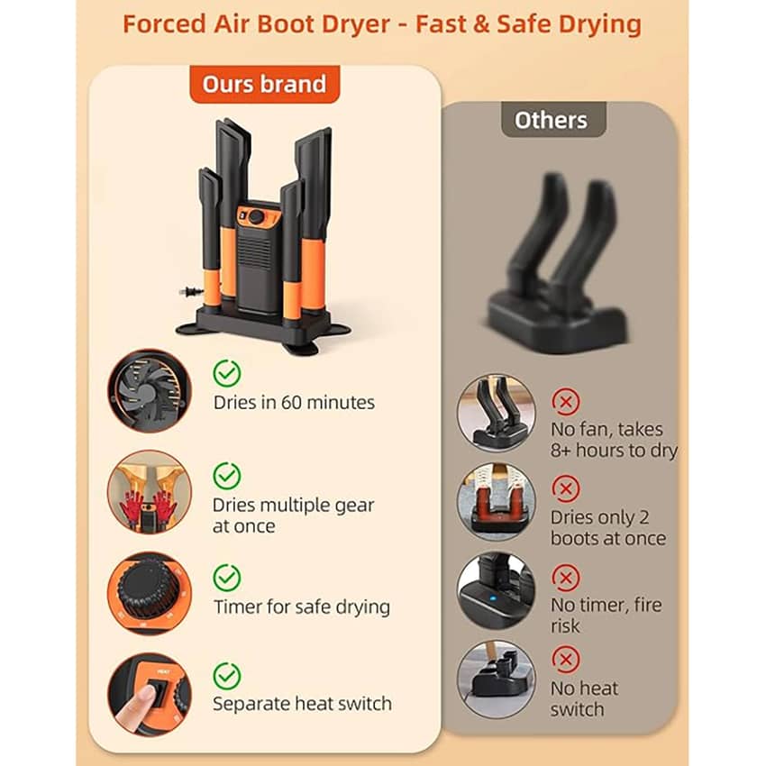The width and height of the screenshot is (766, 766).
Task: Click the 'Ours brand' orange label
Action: [265, 84]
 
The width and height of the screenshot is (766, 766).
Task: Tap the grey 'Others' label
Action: [553, 120]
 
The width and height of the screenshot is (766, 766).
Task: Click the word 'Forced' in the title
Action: [164, 24]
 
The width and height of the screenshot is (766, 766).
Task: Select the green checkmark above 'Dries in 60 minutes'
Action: [227, 373]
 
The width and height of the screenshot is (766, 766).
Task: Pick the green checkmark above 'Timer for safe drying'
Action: [227, 578]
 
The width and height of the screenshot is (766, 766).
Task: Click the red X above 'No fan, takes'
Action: [566, 402]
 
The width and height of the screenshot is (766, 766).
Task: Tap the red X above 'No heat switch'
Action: [566, 660]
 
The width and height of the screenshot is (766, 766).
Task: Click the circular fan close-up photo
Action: [150, 391]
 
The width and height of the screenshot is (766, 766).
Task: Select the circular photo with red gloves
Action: [150, 492]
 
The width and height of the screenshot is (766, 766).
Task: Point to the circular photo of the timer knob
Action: [150, 594]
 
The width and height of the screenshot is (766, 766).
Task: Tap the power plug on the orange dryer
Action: [191, 292]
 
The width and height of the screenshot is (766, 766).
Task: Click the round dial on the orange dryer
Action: [256, 216]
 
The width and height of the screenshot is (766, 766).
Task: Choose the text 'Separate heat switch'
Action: [302, 704]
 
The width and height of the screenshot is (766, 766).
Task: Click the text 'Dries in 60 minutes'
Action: [294, 403]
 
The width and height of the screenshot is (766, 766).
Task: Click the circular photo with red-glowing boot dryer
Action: [496, 502]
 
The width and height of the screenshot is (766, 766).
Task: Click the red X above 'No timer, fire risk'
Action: [566, 578]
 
